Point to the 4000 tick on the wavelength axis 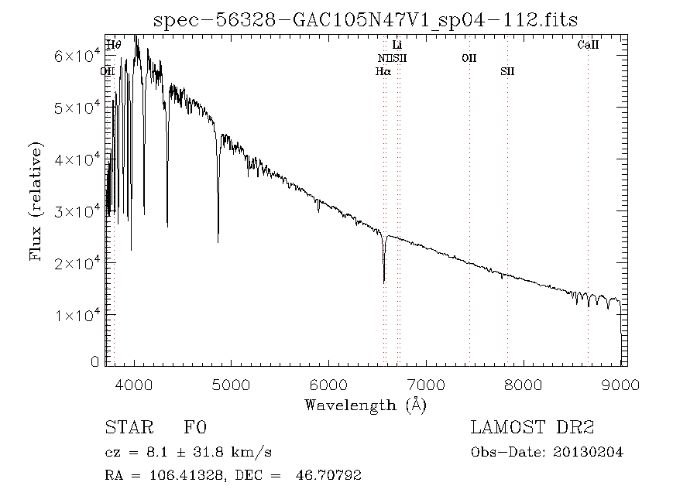135,385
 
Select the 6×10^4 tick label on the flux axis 74,56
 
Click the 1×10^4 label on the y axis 74,315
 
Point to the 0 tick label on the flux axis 95,362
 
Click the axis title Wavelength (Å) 366,405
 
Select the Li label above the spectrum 397,46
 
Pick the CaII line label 588,46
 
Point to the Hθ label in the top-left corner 113,46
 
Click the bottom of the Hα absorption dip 384,282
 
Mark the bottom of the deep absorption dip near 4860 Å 218,241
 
